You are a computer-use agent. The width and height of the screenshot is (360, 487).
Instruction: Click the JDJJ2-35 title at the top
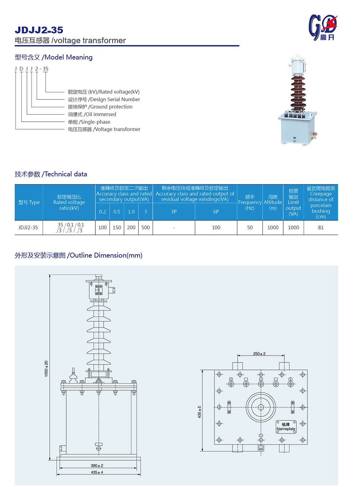click(x=39, y=30)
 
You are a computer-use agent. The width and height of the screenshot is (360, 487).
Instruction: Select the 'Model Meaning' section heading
click(x=54, y=57)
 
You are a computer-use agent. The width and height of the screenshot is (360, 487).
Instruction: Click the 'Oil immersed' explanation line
click(x=92, y=114)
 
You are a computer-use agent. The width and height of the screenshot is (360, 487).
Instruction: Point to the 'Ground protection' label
click(x=100, y=107)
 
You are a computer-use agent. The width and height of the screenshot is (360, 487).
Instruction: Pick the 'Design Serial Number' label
click(x=104, y=99)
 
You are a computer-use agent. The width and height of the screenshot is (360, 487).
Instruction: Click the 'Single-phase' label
click(x=89, y=122)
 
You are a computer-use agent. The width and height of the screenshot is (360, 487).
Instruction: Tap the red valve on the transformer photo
click(x=315, y=135)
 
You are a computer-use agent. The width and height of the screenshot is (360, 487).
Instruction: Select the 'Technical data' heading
click(x=51, y=174)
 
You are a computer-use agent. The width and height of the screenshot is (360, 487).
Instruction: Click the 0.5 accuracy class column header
click(x=117, y=212)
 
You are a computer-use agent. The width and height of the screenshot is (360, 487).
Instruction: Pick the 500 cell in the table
click(x=145, y=228)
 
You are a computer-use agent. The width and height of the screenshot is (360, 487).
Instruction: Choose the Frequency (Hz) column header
click(x=250, y=202)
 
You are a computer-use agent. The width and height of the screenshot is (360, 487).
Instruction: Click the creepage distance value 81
click(x=321, y=228)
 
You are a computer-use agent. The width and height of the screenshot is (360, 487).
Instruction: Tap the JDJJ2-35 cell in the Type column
click(x=28, y=228)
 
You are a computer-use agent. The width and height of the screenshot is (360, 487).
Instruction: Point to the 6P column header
click(x=216, y=212)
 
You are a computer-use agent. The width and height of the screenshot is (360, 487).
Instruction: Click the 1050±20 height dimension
click(x=46, y=368)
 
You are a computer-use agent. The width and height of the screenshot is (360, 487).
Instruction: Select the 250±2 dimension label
click(x=259, y=354)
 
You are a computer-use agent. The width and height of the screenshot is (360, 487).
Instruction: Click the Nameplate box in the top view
click(x=286, y=427)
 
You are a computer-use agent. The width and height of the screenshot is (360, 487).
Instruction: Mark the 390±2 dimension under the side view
click(x=97, y=465)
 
